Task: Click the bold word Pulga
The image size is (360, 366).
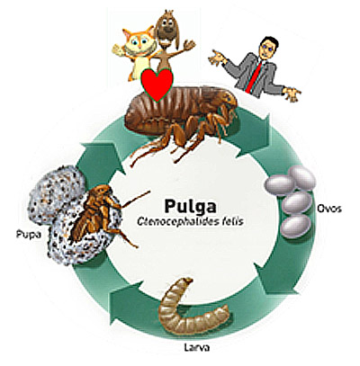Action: coord(190,206)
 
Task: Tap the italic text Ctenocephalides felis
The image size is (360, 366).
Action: coord(190,221)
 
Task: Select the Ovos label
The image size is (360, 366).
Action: coord(329,209)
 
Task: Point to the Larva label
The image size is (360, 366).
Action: coord(196,347)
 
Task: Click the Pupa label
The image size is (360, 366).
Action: coord(28,235)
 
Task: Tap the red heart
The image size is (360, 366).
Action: coord(157,85)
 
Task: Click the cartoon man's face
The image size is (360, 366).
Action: coord(266,49)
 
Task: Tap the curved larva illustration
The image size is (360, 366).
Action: coord(192,308)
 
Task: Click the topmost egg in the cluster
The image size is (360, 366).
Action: coord(302,177)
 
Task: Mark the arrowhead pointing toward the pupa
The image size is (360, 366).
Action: coord(126,303)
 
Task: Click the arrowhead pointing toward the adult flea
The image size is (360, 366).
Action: coord(101,159)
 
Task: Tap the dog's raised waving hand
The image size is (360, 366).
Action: coord(189,45)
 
